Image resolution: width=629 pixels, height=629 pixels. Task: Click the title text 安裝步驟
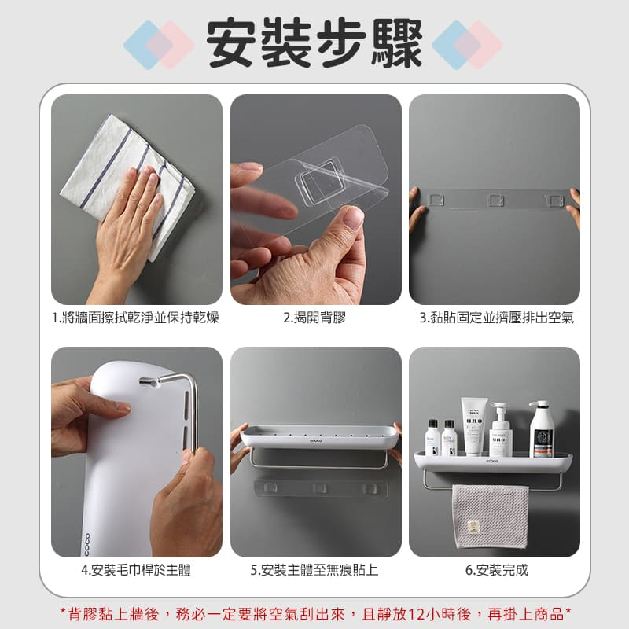point(314,44)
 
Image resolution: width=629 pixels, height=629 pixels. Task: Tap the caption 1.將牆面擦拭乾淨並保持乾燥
point(136,318)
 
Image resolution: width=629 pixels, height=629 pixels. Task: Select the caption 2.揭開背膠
point(314,318)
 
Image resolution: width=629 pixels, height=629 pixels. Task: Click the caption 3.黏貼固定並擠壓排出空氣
point(497,318)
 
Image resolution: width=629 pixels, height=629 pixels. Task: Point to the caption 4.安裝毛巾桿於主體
point(136,569)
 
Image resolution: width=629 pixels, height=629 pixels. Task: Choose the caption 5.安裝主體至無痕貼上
point(314,569)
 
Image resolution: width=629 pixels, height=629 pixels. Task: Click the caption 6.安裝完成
point(497,569)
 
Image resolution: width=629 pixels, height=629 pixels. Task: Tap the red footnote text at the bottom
point(315,614)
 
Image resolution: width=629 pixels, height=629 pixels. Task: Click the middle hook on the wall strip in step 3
point(495,200)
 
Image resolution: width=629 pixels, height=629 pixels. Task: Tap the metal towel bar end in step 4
point(149,382)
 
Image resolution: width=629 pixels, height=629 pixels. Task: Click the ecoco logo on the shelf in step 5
point(316,441)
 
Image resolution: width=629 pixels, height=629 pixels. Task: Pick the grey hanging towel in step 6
point(490,517)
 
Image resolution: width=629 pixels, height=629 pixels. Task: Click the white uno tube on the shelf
point(474,426)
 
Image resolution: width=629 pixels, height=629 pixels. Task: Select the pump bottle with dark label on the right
point(542,429)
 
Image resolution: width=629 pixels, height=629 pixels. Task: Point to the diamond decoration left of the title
point(159,45)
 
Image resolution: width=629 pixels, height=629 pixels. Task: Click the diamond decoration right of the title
point(467,45)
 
